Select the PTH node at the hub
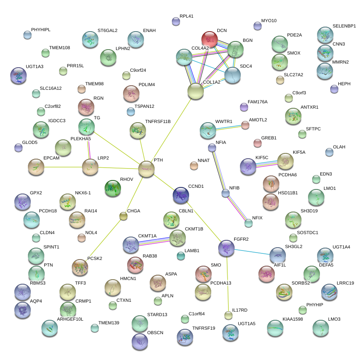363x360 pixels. coord(146,169)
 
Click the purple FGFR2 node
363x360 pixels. coord(226,248)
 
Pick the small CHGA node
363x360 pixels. coord(123,216)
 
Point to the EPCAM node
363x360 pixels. coord(36,166)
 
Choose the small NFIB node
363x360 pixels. coord(225,193)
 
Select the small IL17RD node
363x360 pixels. coord(228,315)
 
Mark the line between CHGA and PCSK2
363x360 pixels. coord(103,241)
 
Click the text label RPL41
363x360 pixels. coord(187,16)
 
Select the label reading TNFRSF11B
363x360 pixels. coord(158,121)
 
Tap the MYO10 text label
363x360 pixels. coord(269,21)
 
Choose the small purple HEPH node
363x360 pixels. coord(334,89)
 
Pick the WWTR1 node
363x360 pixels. coord(208,130)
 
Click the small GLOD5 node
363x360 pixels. coord(18,148)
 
